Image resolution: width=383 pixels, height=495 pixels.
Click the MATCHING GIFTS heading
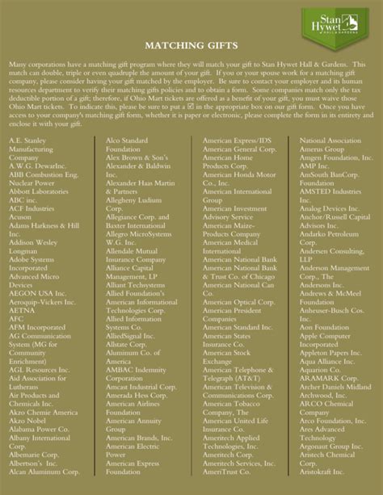click(191, 46)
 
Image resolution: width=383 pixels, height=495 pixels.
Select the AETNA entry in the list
click(23, 308)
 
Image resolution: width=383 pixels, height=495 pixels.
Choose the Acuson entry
click(23, 216)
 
